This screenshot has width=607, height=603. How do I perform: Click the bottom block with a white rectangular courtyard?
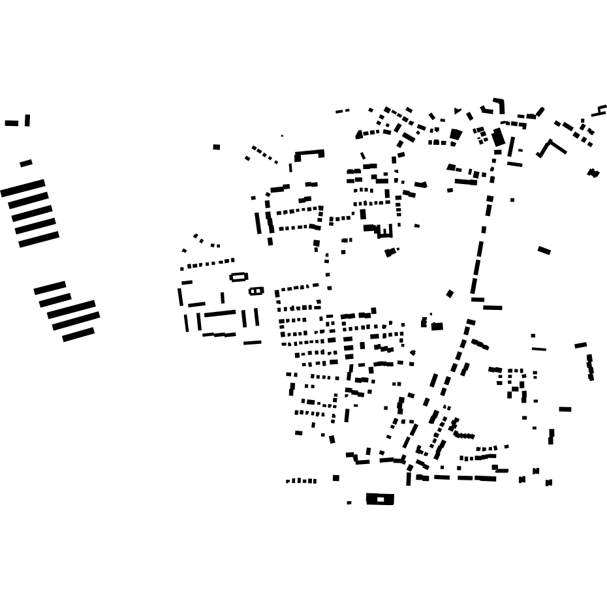tap(380, 499)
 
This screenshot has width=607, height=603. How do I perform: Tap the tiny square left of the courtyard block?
tap(349, 502)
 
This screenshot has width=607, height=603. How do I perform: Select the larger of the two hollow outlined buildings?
tap(239, 277)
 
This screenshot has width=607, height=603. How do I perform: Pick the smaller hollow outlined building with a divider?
tap(256, 291)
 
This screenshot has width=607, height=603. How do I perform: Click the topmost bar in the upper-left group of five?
tap(23, 188)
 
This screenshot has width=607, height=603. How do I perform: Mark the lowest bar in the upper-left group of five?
tap(39, 240)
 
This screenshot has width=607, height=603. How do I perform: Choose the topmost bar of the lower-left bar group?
tap(50, 288)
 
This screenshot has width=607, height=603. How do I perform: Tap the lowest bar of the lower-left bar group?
tap(78, 335)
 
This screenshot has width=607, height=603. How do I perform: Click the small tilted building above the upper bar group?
tap(26, 163)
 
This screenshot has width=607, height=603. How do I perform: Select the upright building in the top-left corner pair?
tap(27, 121)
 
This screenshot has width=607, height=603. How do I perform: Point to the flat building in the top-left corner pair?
tap(12, 123)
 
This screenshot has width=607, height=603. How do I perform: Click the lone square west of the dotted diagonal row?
tap(217, 147)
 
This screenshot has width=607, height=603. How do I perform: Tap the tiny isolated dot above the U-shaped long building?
tap(282, 136)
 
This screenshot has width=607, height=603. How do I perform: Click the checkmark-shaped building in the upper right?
tap(552, 148)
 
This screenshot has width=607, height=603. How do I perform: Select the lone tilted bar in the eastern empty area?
tap(544, 250)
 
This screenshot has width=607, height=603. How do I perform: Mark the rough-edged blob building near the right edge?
tap(593, 173)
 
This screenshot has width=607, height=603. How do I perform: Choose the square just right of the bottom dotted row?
tap(336, 478)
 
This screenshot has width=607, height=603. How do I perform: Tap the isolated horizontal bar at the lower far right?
tap(565, 409)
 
